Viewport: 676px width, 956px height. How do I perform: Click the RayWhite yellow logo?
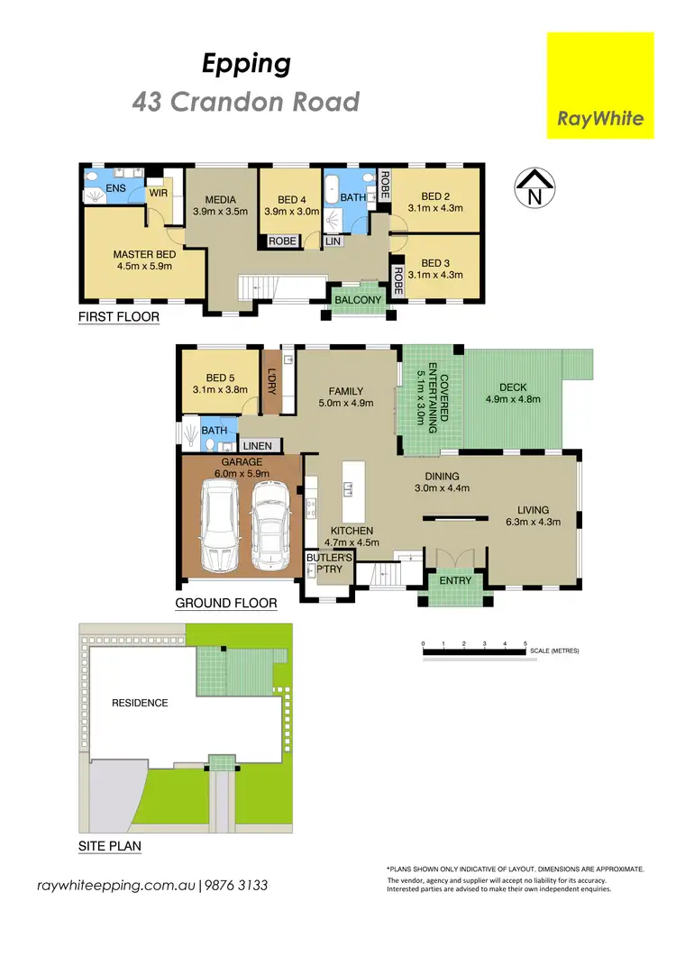[x=600, y=86]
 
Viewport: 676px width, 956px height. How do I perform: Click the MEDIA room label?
[x=220, y=199]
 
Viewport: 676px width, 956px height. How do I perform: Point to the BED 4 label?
[x=293, y=199]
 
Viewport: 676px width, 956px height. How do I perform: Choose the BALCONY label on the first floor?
[x=358, y=300]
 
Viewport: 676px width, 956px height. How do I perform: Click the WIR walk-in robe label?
[x=159, y=193]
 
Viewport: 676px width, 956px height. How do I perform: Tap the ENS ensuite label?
[x=115, y=188]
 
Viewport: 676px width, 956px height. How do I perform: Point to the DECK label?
[x=512, y=387]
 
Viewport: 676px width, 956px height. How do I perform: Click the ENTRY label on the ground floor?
[x=455, y=580]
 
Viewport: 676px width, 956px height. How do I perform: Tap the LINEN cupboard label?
[x=257, y=446]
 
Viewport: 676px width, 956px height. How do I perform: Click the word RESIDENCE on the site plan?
[x=139, y=702]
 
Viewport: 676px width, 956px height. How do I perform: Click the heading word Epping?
[x=245, y=63]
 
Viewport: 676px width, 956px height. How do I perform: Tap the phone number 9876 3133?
[x=239, y=886]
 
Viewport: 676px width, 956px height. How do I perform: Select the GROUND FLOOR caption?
[x=225, y=603]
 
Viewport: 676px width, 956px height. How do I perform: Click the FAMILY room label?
[x=345, y=391]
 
